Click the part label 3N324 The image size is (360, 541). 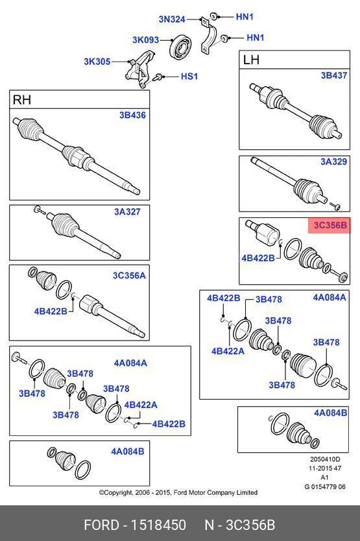(172, 19)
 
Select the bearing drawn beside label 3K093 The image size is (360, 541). (180, 45)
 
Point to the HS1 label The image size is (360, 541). (189, 77)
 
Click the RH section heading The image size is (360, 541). (22, 100)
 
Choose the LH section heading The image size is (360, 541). (251, 60)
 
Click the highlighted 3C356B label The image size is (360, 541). (330, 225)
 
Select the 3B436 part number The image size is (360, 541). (132, 115)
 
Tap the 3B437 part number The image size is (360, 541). (334, 75)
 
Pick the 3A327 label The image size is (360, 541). (127, 211)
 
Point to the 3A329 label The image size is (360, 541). (334, 162)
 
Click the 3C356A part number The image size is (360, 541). (130, 275)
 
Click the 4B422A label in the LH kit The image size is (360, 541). (228, 351)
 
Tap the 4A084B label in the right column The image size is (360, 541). (330, 413)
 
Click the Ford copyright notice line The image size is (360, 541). (178, 492)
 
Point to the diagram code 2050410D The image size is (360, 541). (325, 459)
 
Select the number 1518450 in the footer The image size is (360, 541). (158, 525)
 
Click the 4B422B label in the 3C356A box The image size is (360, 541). (51, 311)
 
